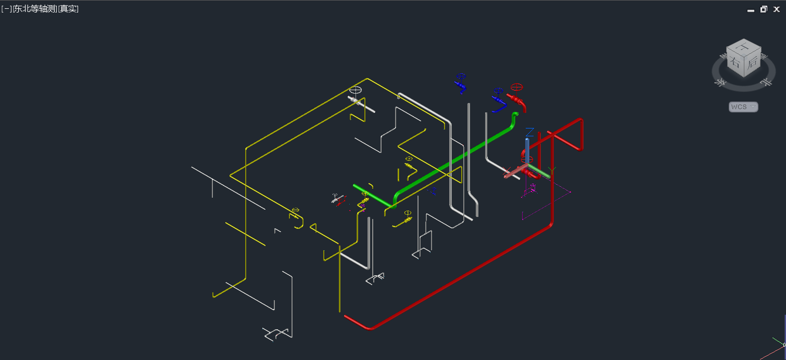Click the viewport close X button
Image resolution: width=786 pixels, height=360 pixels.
click(777, 9)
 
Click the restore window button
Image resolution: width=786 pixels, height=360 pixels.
click(764, 9)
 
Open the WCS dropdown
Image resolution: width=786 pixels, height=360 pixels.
click(743, 107)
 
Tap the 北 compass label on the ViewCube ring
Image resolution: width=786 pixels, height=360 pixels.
click(765, 81)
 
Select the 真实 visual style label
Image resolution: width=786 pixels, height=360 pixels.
click(69, 9)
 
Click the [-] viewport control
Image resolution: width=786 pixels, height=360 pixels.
click(6, 9)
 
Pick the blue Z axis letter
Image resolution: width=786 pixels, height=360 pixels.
click(529, 132)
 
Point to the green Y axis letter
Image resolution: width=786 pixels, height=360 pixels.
click(553, 170)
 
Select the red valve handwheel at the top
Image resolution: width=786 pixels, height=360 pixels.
click(516, 87)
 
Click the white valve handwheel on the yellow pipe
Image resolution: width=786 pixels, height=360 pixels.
click(355, 89)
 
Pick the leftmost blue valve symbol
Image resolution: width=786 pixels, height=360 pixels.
click(460, 83)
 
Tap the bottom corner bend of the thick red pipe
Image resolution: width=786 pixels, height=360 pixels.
click(369, 328)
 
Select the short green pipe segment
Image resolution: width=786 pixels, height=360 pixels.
click(371, 194)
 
